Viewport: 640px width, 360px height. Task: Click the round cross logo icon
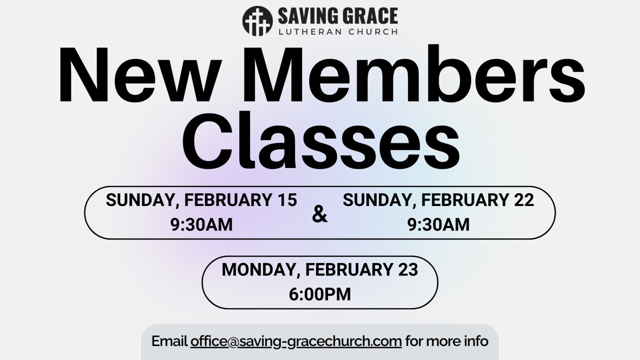click(x=257, y=21)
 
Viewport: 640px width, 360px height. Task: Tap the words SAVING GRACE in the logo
click(x=338, y=16)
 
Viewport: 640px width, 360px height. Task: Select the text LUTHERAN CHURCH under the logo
click(x=338, y=32)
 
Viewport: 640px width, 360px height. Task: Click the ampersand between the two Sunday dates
click(x=320, y=214)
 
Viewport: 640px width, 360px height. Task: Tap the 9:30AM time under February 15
click(x=201, y=225)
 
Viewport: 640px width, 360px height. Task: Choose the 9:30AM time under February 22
click(x=438, y=225)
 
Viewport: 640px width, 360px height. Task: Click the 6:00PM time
click(x=320, y=294)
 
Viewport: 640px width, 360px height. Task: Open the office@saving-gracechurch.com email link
click(x=296, y=341)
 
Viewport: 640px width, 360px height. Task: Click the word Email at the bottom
click(x=169, y=341)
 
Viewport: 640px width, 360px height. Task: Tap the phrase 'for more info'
click(x=447, y=341)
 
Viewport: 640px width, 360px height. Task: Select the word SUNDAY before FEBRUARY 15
click(x=141, y=200)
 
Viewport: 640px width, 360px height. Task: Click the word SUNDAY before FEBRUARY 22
click(x=378, y=200)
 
